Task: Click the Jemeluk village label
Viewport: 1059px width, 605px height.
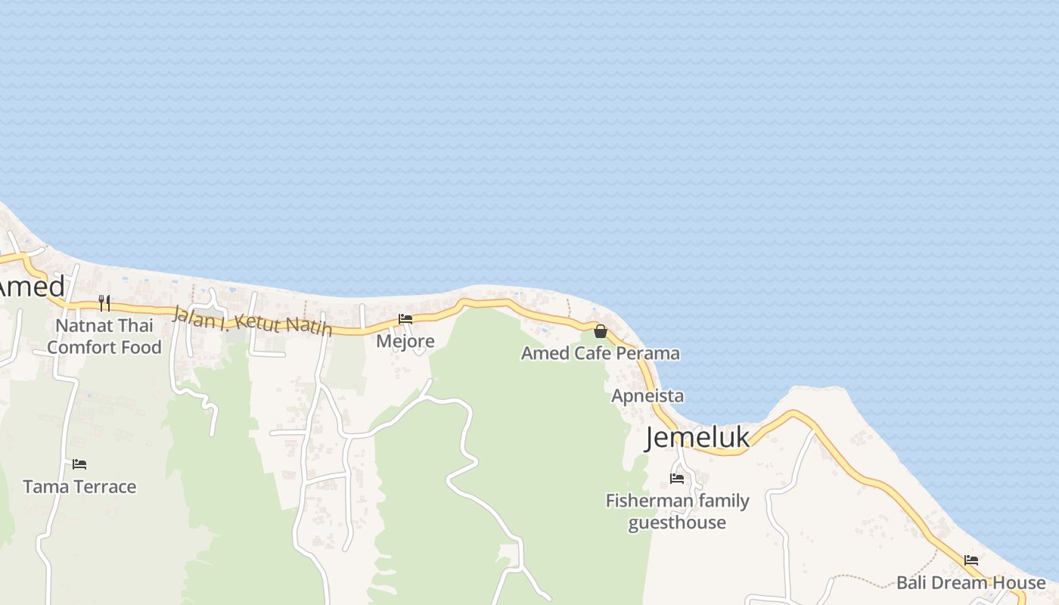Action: pyautogui.click(x=697, y=438)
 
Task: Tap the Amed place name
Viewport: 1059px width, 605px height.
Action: pyautogui.click(x=32, y=287)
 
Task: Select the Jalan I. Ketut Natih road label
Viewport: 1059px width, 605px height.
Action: pyautogui.click(x=252, y=321)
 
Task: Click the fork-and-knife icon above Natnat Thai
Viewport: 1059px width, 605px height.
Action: pyautogui.click(x=104, y=303)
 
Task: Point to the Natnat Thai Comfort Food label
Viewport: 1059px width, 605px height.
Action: pyautogui.click(x=104, y=337)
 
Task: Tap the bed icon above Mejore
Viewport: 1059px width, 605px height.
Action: pyautogui.click(x=405, y=319)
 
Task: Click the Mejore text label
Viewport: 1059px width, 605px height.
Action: pyautogui.click(x=405, y=341)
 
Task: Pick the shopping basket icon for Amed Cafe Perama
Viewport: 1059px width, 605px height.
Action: pyautogui.click(x=601, y=331)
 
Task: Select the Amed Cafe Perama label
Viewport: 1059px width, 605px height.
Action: pyautogui.click(x=601, y=353)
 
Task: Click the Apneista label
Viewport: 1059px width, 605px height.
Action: pyautogui.click(x=648, y=396)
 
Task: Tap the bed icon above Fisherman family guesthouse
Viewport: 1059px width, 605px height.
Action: pyautogui.click(x=677, y=479)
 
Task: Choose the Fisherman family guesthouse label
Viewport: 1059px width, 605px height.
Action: pyautogui.click(x=678, y=511)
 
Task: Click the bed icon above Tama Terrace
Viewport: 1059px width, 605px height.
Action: pyautogui.click(x=79, y=464)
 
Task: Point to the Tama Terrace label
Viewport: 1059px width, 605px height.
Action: pyautogui.click(x=79, y=486)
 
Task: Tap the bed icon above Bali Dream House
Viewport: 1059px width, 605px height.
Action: pyautogui.click(x=971, y=560)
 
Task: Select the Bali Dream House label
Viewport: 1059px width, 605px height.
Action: pyautogui.click(x=970, y=582)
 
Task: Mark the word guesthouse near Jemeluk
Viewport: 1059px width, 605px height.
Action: pyautogui.click(x=678, y=523)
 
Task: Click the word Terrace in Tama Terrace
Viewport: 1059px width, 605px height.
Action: pyautogui.click(x=106, y=486)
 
